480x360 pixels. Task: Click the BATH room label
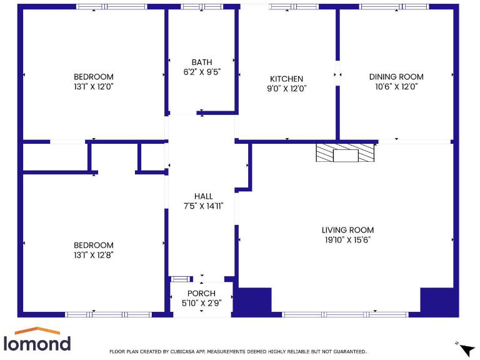coord(202,62)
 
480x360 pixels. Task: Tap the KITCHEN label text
coord(286,79)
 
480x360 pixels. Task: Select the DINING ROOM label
coord(396,77)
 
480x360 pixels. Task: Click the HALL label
coord(203,196)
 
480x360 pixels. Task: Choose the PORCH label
coord(201,293)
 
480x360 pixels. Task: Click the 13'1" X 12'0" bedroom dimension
coord(94,87)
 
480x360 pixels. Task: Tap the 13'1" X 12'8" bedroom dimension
coord(94,255)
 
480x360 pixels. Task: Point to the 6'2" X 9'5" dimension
coord(202,72)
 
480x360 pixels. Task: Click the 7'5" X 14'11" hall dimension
coord(203,206)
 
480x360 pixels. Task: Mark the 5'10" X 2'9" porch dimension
coord(201,303)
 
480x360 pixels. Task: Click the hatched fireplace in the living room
coord(345,154)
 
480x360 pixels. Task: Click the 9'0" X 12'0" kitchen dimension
coord(286,89)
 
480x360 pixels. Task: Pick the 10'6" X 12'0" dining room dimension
coord(396,87)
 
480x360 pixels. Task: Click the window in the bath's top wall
coord(201,7)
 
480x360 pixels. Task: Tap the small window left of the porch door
coord(181,279)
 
